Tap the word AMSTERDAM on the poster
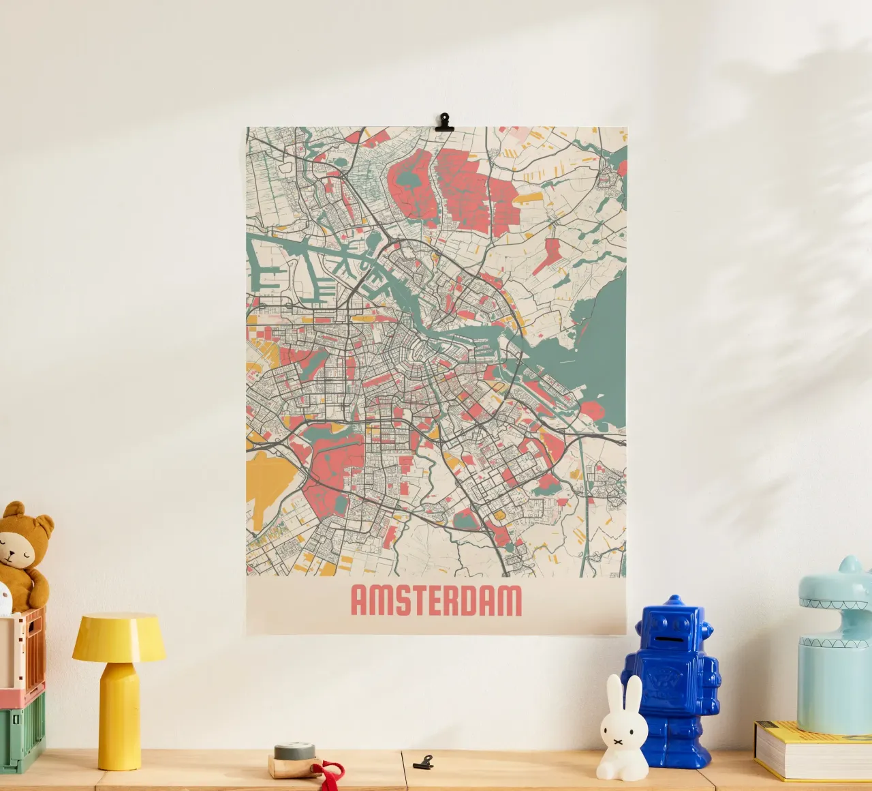point(436,601)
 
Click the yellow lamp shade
point(119,638)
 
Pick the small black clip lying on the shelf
point(423,760)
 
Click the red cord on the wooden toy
point(330,773)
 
